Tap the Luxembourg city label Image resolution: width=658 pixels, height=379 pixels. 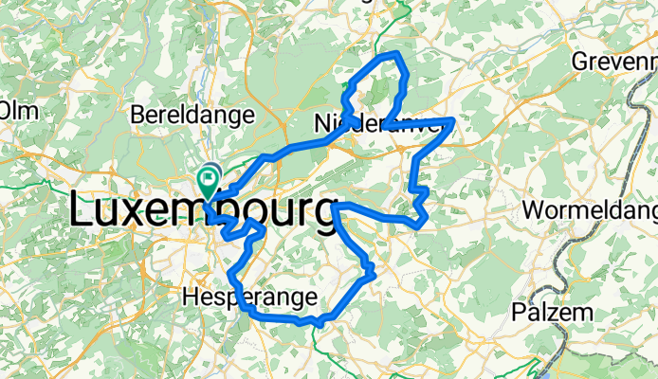pyautogui.click(x=204, y=210)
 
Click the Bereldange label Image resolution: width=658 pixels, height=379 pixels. pyautogui.click(x=192, y=116)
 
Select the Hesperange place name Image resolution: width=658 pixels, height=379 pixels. pyautogui.click(x=248, y=298)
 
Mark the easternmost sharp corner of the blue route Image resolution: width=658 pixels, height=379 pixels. pyautogui.click(x=455, y=120)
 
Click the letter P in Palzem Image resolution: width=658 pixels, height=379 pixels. pyautogui.click(x=520, y=312)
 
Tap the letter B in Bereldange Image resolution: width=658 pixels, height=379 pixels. pyautogui.click(x=138, y=116)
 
